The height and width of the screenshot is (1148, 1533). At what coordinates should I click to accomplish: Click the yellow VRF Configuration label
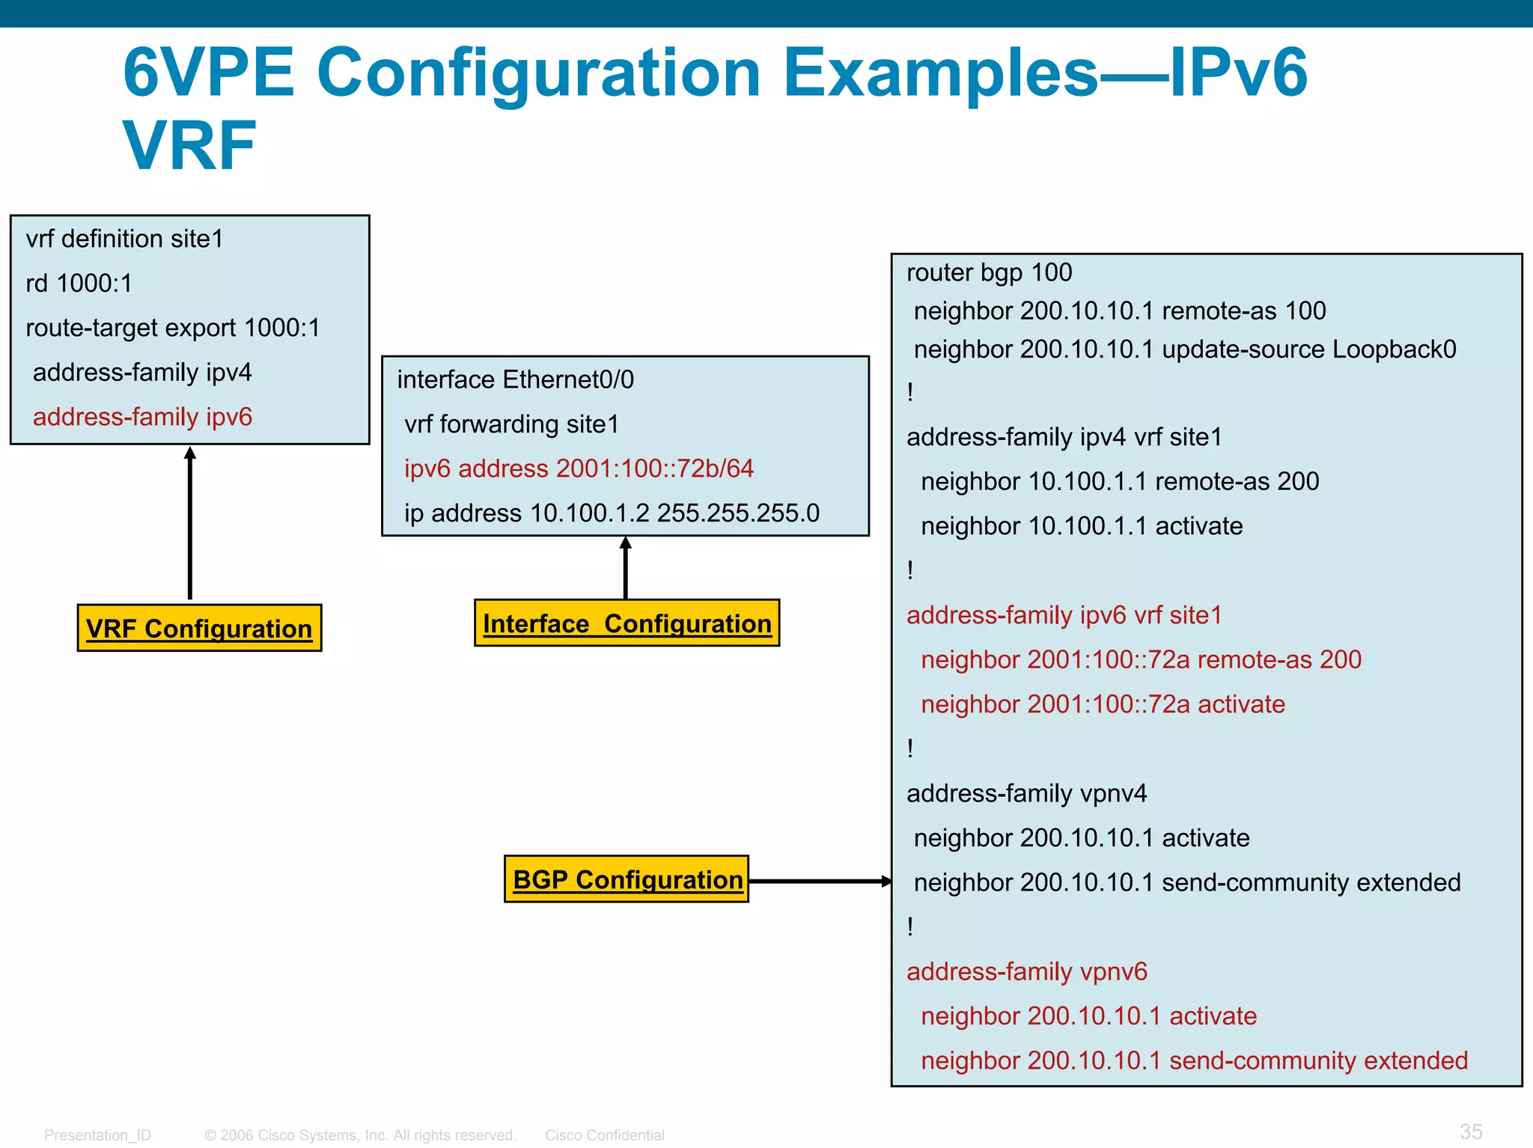click(x=199, y=628)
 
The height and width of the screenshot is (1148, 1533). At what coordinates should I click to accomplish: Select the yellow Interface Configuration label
click(x=627, y=623)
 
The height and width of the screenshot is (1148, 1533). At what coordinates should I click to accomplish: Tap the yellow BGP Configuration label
click(x=627, y=879)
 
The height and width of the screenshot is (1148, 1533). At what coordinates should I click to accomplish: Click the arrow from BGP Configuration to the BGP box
click(x=820, y=881)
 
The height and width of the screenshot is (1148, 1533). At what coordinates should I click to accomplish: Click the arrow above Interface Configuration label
click(x=626, y=567)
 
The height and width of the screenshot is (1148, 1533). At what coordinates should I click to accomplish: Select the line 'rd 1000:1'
click(x=79, y=283)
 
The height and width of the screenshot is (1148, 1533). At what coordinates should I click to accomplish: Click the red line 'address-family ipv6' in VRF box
click(x=142, y=416)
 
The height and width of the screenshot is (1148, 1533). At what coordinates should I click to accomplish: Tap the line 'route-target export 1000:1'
click(x=173, y=327)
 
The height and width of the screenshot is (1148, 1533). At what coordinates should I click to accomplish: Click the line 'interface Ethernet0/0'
click(x=515, y=379)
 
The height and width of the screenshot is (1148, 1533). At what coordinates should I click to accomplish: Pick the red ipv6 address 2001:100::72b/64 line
click(x=579, y=468)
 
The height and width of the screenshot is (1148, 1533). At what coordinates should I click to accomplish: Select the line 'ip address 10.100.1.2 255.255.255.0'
click(x=612, y=513)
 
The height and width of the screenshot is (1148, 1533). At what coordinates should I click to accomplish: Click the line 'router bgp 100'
click(x=989, y=272)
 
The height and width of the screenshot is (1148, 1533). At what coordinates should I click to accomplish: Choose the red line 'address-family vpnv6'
click(x=1026, y=971)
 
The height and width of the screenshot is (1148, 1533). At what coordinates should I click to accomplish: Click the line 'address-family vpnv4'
click(x=1026, y=793)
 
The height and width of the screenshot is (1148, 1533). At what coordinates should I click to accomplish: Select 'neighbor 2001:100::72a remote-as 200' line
click(x=1140, y=659)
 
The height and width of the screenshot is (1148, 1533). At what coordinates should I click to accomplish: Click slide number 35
click(x=1470, y=1131)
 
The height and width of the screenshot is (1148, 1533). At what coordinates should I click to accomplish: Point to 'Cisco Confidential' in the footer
click(x=604, y=1135)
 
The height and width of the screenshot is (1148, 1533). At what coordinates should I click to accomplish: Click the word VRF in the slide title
click(x=190, y=146)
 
